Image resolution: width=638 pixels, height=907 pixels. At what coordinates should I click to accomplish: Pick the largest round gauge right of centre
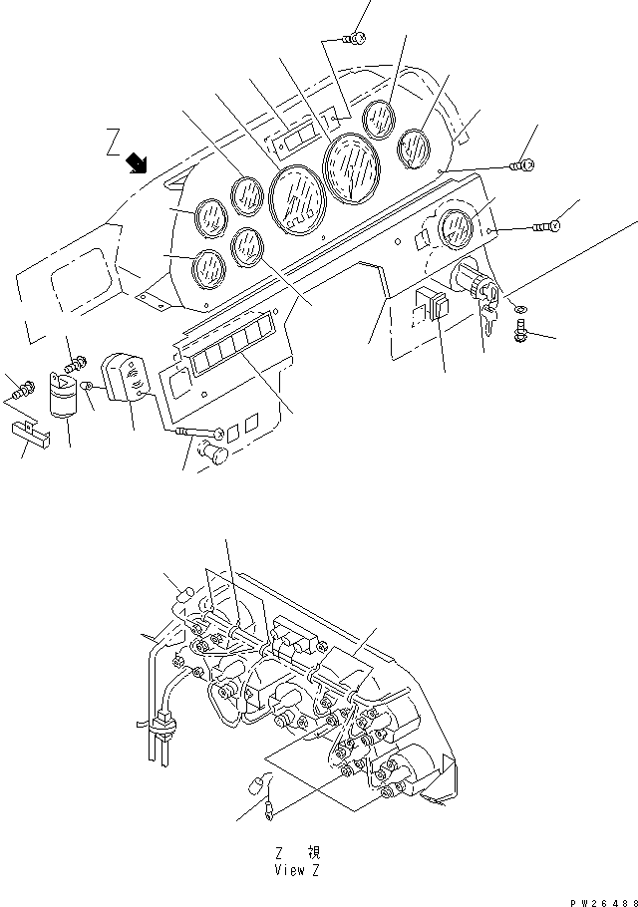click(349, 167)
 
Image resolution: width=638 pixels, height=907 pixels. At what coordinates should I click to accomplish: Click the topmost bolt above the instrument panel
click(352, 38)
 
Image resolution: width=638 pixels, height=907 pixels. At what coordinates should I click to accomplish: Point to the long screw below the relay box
click(199, 432)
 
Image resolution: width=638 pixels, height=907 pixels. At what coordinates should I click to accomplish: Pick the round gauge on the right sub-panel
click(454, 228)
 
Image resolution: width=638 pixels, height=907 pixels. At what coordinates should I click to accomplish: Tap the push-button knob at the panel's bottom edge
click(212, 454)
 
